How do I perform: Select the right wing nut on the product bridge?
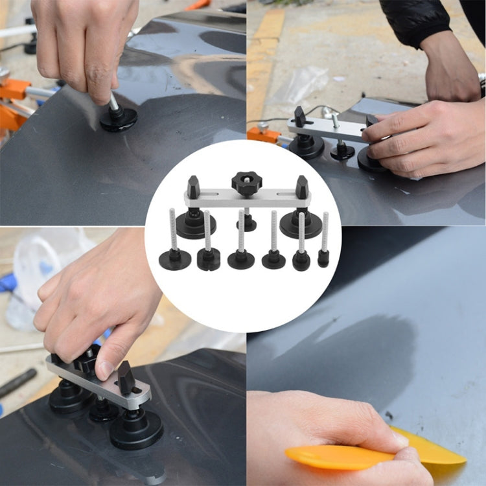coord(301,187)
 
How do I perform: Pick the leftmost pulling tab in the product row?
coord(175,260)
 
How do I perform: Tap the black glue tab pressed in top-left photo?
coord(118,119)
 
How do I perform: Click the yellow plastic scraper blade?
coord(376,454)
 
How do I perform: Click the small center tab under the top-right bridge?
coord(342,152)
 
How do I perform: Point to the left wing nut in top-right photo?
coord(300,117)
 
